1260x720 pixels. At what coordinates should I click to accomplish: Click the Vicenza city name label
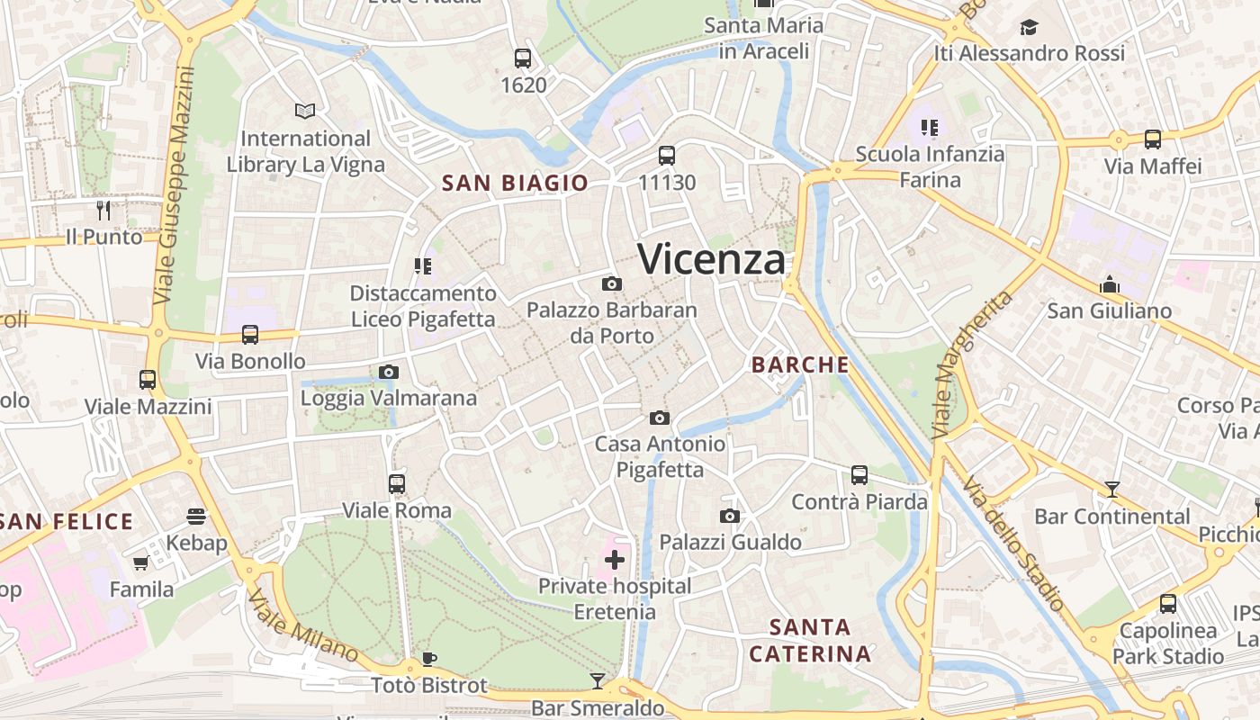click(x=712, y=260)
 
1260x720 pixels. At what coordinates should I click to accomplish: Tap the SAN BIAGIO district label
click(x=515, y=184)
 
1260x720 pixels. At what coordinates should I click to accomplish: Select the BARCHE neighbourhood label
click(x=800, y=364)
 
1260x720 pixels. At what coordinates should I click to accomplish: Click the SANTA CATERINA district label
click(x=810, y=641)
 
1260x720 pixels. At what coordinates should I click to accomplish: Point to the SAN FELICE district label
click(x=67, y=522)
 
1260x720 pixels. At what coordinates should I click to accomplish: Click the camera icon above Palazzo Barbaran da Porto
click(x=612, y=284)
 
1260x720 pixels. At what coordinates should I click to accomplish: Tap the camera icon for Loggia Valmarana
click(x=389, y=372)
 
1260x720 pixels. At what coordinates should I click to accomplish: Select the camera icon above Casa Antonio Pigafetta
click(x=660, y=418)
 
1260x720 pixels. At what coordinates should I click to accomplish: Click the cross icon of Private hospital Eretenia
click(x=615, y=561)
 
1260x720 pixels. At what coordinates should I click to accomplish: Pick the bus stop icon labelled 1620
click(x=523, y=58)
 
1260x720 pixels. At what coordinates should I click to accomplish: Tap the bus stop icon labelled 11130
click(x=667, y=156)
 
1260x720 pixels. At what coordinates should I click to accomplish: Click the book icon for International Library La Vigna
click(x=305, y=111)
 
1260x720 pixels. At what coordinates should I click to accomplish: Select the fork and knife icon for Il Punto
click(x=103, y=211)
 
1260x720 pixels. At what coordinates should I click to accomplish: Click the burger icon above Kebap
click(x=196, y=517)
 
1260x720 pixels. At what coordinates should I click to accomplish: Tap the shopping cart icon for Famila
click(x=140, y=563)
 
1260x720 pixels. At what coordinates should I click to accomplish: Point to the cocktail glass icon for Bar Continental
click(x=1112, y=490)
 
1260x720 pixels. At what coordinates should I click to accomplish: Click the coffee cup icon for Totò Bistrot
click(x=429, y=659)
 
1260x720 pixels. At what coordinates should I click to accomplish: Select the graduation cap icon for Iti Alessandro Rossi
click(x=1029, y=27)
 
